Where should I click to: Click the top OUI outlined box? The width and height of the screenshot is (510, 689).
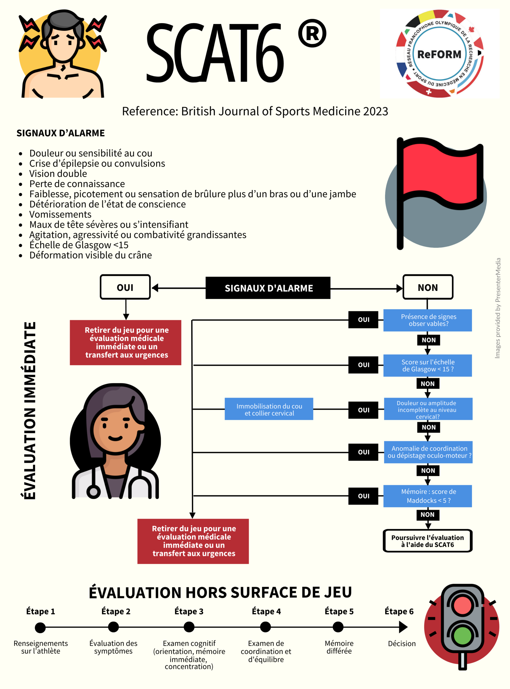point(125,287)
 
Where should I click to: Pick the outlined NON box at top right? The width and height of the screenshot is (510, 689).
point(428,287)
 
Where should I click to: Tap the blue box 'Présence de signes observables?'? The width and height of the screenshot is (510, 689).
point(428,320)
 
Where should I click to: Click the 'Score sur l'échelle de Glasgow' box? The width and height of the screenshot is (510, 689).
point(428,365)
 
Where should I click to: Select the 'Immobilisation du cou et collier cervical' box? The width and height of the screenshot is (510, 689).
point(269,409)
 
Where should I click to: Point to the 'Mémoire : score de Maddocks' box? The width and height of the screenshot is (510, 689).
point(428,496)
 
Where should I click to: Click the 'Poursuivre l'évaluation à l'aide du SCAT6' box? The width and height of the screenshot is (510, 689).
point(428,541)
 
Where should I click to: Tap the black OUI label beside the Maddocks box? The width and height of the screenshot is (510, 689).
point(363,496)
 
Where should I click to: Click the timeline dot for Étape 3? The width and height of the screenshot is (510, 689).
point(189,627)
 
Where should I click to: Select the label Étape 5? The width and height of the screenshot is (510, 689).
point(339,611)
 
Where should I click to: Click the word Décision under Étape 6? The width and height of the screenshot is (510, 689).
point(402,644)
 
